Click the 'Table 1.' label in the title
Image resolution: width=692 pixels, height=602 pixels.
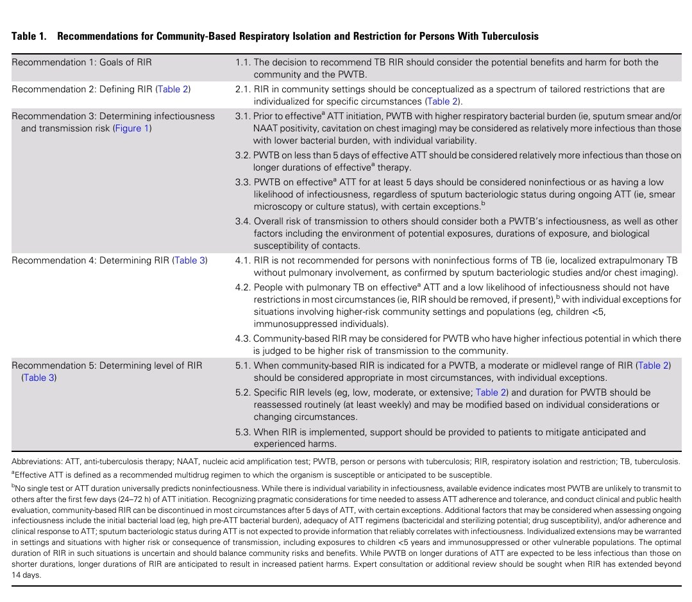tap(29, 37)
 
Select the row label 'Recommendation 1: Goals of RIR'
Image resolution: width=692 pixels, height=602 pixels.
tap(81, 63)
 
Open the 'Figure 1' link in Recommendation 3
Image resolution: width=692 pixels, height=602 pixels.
tap(131, 128)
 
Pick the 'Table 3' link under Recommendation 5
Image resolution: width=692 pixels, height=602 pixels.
tap(39, 378)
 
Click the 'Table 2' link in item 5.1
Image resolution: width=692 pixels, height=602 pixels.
tap(654, 365)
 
